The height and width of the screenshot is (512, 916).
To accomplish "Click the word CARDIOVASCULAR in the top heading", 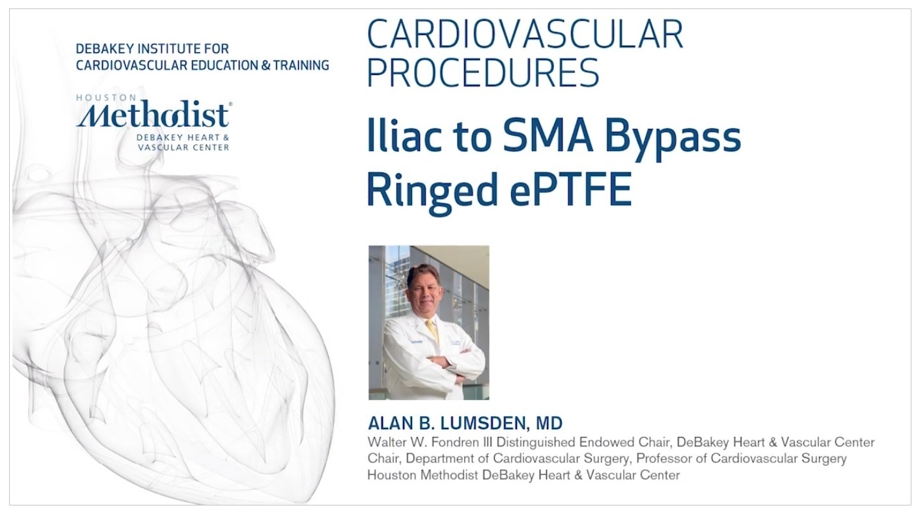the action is pyautogui.click(x=525, y=35).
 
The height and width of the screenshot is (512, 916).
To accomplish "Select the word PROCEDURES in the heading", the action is pyautogui.click(x=483, y=72).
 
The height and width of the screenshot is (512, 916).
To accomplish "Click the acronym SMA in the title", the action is pyautogui.click(x=548, y=135).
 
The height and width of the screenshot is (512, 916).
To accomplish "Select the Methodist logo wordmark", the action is pyautogui.click(x=152, y=114).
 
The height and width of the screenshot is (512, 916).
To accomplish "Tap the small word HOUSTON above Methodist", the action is pyautogui.click(x=100, y=98).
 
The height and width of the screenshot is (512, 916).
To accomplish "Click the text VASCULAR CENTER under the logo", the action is pyautogui.click(x=183, y=147).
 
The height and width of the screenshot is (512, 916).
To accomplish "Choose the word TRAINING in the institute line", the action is pyautogui.click(x=301, y=65).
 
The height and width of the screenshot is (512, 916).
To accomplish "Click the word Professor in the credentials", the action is pyautogui.click(x=663, y=459).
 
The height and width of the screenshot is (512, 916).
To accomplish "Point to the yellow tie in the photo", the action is pyautogui.click(x=433, y=332).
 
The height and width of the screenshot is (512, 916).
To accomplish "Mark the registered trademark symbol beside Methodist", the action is pyautogui.click(x=230, y=104).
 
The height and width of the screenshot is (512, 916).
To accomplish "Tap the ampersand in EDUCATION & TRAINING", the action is pyautogui.click(x=266, y=65).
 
